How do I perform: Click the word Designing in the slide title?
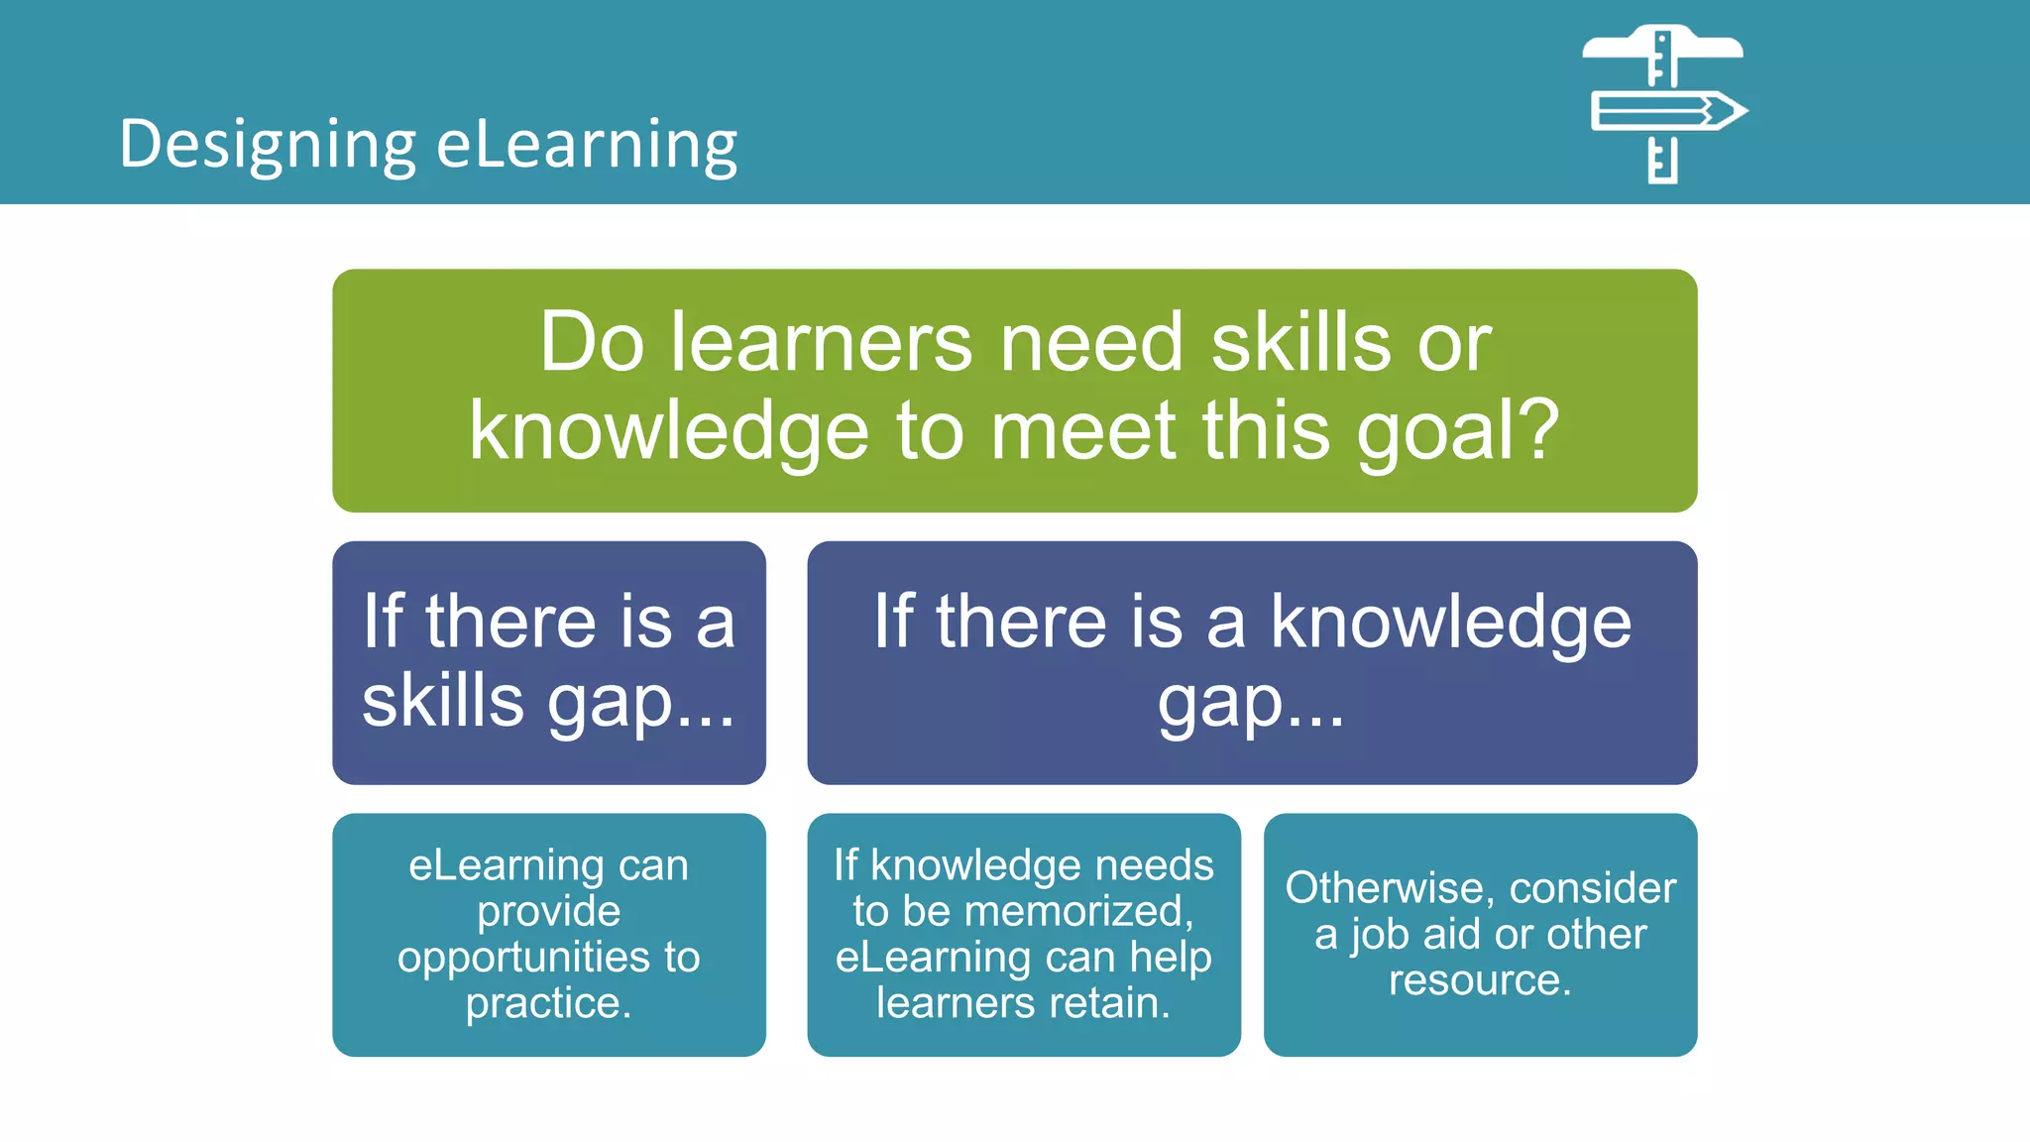point(267,145)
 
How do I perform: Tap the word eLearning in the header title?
point(587,145)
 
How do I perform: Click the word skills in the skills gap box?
point(442,701)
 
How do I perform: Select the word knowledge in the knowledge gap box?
point(1450,623)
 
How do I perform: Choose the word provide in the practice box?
point(548,911)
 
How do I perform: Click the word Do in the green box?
point(592,343)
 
